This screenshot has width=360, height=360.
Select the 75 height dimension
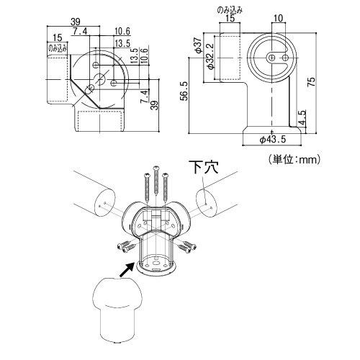311,82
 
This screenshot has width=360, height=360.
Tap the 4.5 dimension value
303,118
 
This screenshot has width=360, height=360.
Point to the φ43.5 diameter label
273,139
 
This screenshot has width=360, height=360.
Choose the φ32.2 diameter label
210,56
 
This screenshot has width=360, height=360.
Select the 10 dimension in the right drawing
278,18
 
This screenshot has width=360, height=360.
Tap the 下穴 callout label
203,167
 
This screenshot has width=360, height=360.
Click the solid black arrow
127,269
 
